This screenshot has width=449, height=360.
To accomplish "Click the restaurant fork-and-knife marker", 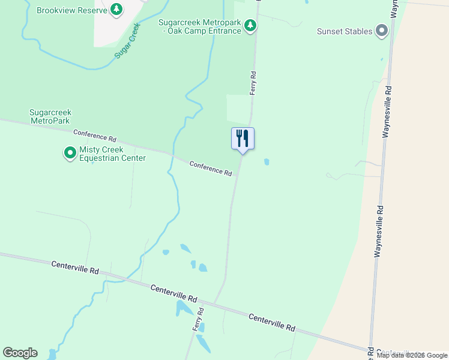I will pos(243,139).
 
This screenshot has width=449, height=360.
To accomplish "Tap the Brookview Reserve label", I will pos(71,10).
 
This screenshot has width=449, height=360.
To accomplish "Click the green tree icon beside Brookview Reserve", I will pos(116,10).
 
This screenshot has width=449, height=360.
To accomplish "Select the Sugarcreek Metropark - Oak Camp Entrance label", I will pos(200,26).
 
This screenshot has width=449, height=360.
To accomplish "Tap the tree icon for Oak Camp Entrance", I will pos(251,25).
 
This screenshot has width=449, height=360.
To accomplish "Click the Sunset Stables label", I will pos(345,31).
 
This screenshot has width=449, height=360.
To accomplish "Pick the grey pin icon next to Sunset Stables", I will pos(381,31).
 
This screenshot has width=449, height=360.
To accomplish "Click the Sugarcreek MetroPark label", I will pos(50,116).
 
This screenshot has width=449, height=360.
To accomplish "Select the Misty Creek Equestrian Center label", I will pos(112,154).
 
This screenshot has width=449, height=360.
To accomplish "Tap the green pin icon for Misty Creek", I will pos(70,154).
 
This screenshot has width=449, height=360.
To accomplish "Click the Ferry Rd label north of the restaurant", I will pos(253,83).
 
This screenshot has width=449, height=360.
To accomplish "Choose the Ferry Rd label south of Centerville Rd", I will pos(199,319).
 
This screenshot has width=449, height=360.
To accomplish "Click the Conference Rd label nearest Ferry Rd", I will pos(211,168).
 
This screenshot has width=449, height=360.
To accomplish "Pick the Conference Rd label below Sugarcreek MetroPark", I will pos(94,136).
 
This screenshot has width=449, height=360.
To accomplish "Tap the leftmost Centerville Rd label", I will pos(74,268).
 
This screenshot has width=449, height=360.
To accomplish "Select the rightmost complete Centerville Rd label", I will pos(271,322).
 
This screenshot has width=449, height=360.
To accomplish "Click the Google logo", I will pos(20,353).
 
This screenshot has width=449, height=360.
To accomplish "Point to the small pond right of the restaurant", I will pos(266,161).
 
